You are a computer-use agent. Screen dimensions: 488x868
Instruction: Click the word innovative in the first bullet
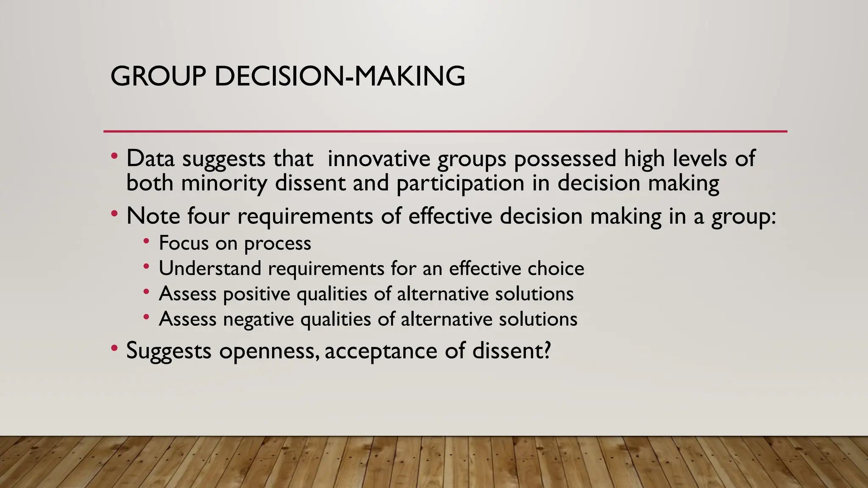379,159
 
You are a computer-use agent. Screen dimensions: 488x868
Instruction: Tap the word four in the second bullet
208,216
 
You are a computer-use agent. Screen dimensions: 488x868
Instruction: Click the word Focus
184,243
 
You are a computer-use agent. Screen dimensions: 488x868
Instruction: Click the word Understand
210,269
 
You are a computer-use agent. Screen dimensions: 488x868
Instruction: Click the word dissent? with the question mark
511,351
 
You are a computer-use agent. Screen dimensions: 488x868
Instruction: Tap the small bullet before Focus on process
146,241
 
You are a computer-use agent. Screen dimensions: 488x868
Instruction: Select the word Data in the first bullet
150,159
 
